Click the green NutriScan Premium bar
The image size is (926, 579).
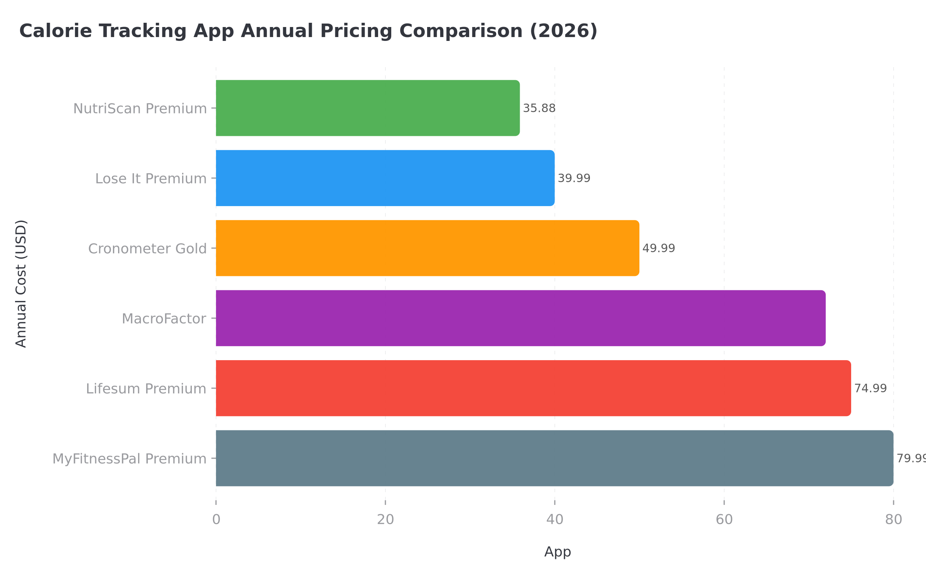click(x=367, y=108)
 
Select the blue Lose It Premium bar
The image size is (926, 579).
click(x=385, y=178)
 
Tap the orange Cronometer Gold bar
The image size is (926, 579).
click(x=427, y=248)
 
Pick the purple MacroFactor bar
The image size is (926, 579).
click(x=520, y=318)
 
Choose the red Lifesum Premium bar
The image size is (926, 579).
click(x=533, y=388)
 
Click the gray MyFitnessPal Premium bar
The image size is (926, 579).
click(x=554, y=458)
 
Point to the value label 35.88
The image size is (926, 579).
click(x=539, y=108)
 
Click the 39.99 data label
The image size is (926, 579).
click(x=574, y=178)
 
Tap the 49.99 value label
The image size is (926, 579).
click(x=659, y=248)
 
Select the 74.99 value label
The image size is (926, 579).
click(x=870, y=388)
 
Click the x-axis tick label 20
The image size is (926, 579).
click(x=385, y=520)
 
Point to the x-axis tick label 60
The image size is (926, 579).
click(x=724, y=520)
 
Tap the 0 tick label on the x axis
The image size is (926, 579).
click(x=216, y=520)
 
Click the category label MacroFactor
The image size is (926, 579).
click(x=164, y=319)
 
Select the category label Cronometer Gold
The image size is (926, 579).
click(x=147, y=249)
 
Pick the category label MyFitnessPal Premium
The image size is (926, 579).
click(x=129, y=459)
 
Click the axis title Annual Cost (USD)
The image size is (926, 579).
click(x=21, y=284)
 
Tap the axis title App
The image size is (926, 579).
click(x=557, y=552)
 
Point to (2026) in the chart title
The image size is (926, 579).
click(x=563, y=31)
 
